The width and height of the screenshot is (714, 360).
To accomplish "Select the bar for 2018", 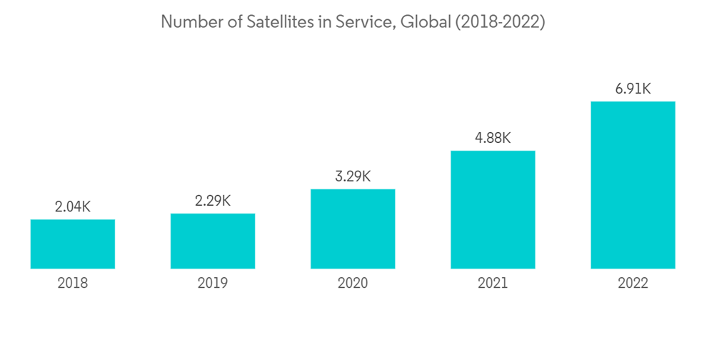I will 73,244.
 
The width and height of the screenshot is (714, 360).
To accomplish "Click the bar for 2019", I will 213,241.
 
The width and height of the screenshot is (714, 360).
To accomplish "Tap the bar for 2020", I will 353,229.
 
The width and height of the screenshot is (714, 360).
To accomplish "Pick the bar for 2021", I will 493,209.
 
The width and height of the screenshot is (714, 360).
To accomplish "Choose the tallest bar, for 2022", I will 633,185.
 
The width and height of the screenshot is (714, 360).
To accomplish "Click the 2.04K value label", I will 73,207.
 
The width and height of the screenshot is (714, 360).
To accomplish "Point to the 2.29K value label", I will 213,201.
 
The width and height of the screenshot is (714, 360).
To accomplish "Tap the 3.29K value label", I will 353,176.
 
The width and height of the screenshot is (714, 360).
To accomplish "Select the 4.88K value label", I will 493,138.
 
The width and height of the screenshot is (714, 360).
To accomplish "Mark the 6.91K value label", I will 633,89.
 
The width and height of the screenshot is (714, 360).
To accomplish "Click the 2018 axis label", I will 73,284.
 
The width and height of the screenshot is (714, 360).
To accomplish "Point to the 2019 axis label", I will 213,284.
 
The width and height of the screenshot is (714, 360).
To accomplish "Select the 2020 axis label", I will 353,284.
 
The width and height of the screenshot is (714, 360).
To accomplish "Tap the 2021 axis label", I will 493,284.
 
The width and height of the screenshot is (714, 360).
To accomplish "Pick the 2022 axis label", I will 633,284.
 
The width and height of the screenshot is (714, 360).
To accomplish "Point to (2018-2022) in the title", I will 499,22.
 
